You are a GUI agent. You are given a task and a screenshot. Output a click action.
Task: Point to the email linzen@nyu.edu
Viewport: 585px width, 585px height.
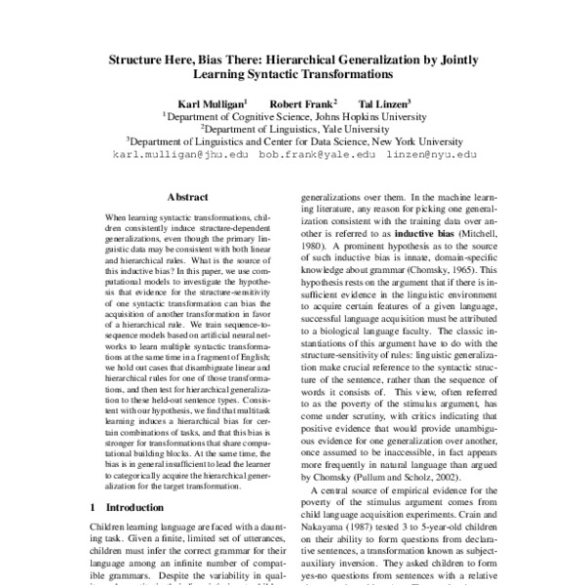(429, 154)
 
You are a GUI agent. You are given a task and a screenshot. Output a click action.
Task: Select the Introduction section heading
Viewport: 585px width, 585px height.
(131, 507)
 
